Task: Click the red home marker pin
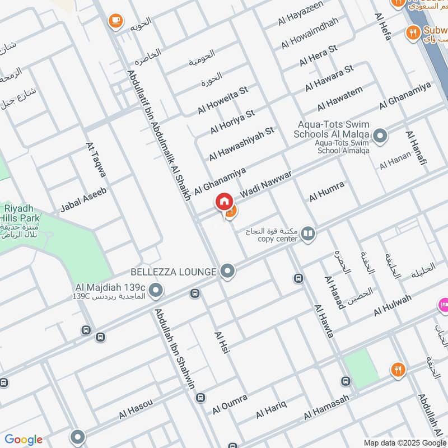pyautogui.click(x=224, y=202)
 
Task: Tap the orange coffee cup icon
pyautogui.click(x=115, y=20)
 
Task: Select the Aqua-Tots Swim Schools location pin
pyautogui.click(x=380, y=136)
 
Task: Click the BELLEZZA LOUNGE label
pyautogui.click(x=173, y=272)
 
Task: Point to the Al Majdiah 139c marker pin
pyautogui.click(x=157, y=290)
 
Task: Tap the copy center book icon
pyautogui.click(x=307, y=233)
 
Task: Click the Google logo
pyautogui.click(x=24, y=440)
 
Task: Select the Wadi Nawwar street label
pyautogui.click(x=267, y=185)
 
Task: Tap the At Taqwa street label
pyautogui.click(x=96, y=163)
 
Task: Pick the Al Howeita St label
pyautogui.click(x=222, y=100)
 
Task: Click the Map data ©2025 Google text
pyautogui.click(x=405, y=442)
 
